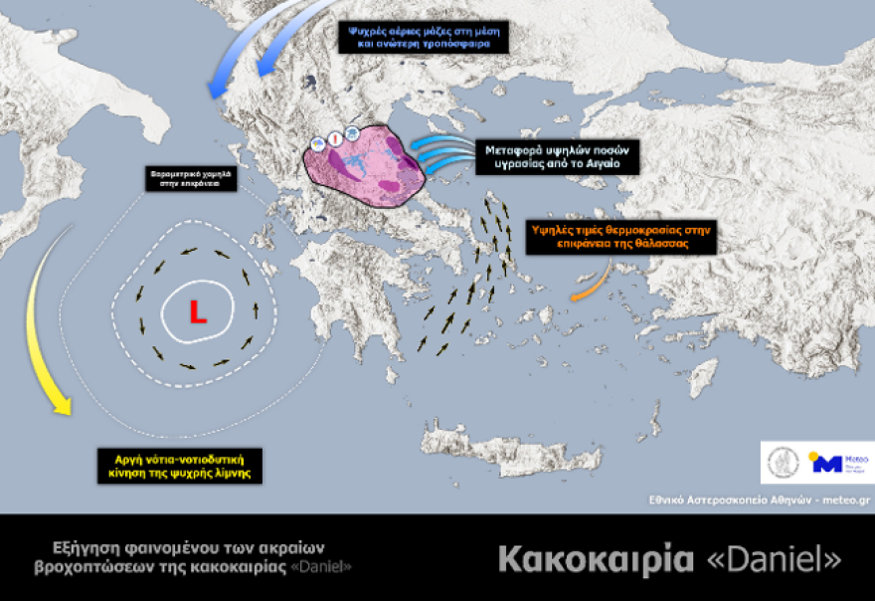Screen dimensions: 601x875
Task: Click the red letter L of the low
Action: [x=198, y=314]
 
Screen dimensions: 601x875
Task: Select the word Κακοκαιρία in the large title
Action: [x=595, y=559]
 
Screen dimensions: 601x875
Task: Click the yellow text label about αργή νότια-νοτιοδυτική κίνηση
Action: [x=180, y=465]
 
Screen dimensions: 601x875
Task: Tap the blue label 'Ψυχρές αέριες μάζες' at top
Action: [x=424, y=37]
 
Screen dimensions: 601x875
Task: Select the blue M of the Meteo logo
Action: [x=825, y=462]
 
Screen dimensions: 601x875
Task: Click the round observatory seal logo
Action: [x=783, y=462]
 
